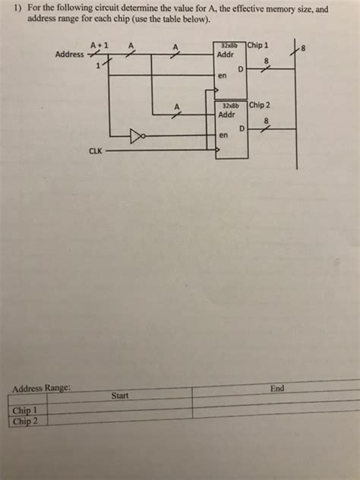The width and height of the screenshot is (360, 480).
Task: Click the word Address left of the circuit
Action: point(70,55)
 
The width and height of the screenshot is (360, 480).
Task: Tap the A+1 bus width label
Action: point(99,46)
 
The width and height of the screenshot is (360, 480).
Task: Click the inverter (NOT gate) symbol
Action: point(137,137)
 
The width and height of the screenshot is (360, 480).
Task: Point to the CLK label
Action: point(96,151)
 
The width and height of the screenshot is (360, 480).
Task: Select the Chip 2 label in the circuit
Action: point(260,104)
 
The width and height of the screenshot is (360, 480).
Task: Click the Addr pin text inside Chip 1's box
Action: point(226,55)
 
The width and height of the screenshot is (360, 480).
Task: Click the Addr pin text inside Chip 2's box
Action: point(227,115)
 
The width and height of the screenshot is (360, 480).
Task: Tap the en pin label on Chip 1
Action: point(222,76)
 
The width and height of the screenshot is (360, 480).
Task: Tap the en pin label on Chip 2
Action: point(223,135)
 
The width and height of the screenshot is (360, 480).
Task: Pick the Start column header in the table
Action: point(119,396)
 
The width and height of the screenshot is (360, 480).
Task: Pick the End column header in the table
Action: point(276,389)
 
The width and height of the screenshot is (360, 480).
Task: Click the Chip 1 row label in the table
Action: point(25,411)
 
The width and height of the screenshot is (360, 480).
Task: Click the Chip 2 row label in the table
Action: point(24,420)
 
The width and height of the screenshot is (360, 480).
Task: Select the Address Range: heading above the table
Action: point(42,389)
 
